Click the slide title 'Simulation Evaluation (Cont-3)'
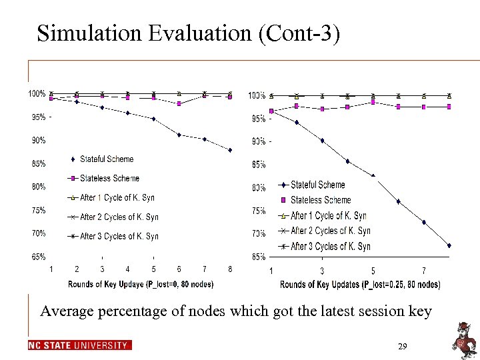click(x=189, y=33)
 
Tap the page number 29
click(x=402, y=347)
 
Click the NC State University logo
click(x=80, y=345)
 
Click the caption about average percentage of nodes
click(x=236, y=311)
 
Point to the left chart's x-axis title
click(x=140, y=284)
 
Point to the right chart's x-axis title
click(x=360, y=285)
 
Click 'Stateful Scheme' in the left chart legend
click(x=106, y=159)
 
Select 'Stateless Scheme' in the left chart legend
click(x=109, y=178)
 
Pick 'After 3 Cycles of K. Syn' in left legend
click(x=119, y=236)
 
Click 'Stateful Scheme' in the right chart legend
click(x=318, y=185)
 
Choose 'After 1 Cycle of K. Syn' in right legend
click(x=329, y=215)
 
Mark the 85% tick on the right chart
click(x=258, y=164)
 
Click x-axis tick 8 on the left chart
click(x=230, y=269)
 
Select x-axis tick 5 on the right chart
click(x=373, y=271)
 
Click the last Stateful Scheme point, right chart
click(x=449, y=245)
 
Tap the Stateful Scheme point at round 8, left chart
click(x=230, y=150)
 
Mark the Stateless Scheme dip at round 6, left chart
click(x=179, y=103)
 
